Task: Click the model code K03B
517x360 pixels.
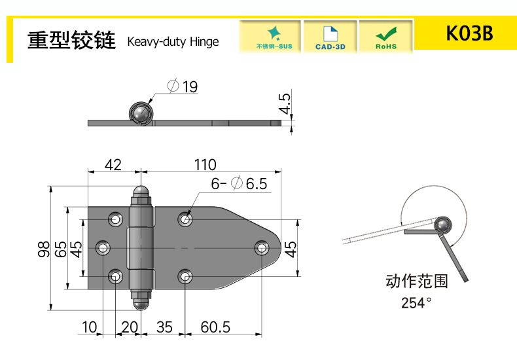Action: (469, 33)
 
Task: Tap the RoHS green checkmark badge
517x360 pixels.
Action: (385, 37)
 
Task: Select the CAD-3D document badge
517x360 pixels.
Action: (330, 37)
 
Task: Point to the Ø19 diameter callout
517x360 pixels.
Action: (183, 86)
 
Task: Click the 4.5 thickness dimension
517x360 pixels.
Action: (285, 103)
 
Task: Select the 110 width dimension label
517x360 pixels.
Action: (205, 165)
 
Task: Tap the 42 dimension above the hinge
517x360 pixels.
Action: (113, 165)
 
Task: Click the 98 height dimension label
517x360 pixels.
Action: (44, 249)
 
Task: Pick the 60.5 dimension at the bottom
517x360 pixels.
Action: (215, 327)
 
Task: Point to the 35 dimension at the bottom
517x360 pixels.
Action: (164, 327)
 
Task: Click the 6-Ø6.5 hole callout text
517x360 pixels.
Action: (239, 184)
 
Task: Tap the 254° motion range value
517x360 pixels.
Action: (416, 302)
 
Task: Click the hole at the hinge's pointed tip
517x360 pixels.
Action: (262, 247)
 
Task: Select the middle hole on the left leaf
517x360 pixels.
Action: (103, 247)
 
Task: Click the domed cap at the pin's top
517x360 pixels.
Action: (141, 192)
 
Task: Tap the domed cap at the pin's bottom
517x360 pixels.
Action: (141, 304)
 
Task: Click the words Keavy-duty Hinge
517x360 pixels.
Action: (173, 42)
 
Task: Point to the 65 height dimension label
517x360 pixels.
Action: (61, 249)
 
